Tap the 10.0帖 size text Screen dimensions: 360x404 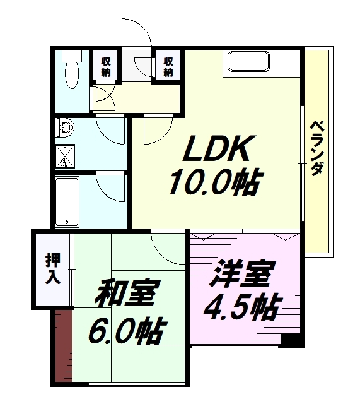pyautogui.click(x=216, y=182)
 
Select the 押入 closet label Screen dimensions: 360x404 pyautogui.click(x=53, y=269)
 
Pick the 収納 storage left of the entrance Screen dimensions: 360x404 pyautogui.click(x=105, y=66)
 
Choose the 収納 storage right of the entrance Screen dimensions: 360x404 pyautogui.click(x=168, y=66)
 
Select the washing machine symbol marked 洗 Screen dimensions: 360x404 pyautogui.click(x=65, y=156)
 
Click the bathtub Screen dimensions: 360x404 pyautogui.click(x=67, y=202)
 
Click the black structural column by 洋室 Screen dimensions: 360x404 pyautogui.click(x=292, y=342)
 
